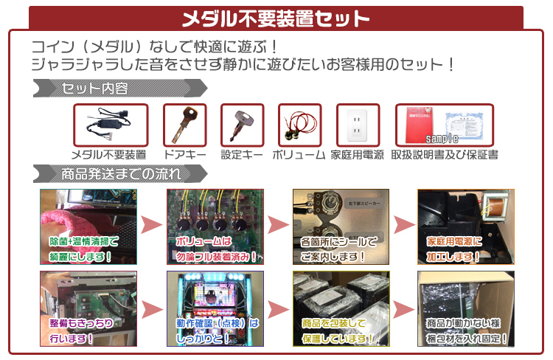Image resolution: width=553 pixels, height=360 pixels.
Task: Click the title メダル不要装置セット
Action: [276, 18]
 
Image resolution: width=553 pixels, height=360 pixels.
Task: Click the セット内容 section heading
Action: [96, 89]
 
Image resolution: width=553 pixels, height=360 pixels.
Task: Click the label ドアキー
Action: [184, 155]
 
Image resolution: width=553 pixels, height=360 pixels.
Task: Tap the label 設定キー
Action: [242, 155]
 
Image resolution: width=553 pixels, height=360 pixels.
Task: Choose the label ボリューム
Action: [299, 155]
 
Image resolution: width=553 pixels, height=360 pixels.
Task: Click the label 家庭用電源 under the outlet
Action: [358, 155]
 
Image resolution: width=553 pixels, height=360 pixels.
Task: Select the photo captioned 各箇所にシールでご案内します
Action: [340, 226]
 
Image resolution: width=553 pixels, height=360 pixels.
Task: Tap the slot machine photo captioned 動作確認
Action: [215, 309]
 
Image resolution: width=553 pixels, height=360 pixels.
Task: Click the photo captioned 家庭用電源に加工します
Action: [465, 226]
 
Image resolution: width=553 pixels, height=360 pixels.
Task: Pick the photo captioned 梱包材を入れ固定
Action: [465, 309]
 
